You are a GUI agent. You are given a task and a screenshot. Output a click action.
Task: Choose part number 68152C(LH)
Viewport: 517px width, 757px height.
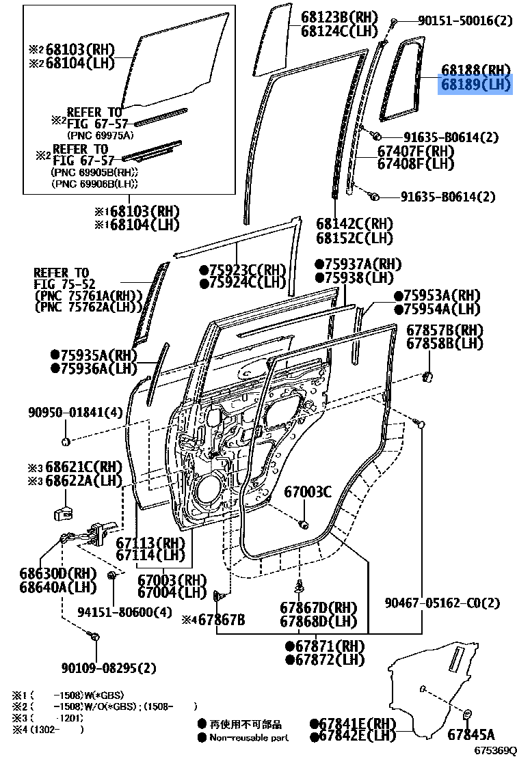click(354, 238)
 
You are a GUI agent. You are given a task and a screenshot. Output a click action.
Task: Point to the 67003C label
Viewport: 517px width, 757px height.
click(308, 491)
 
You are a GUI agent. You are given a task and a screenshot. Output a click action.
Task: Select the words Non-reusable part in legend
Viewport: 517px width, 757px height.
click(249, 737)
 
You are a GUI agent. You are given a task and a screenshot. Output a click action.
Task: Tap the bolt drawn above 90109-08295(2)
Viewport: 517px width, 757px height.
click(95, 637)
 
